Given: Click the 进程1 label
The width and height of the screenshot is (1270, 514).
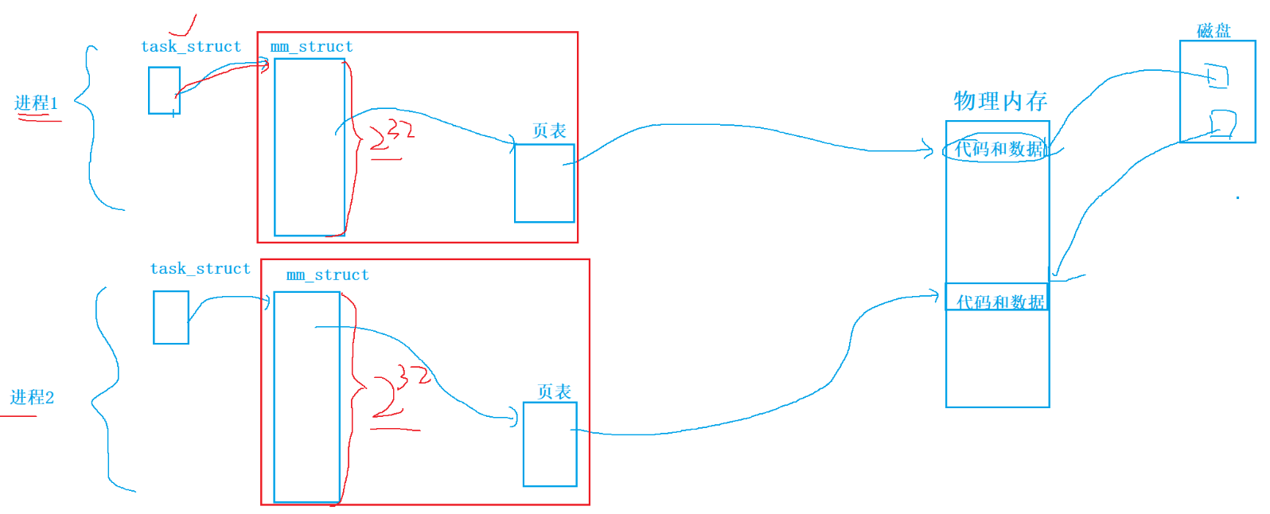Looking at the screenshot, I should [36, 103].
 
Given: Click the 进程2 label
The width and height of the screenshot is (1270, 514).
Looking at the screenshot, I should [32, 397].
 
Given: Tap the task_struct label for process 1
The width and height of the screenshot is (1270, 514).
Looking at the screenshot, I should [191, 46].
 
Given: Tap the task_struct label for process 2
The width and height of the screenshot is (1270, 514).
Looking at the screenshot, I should [201, 268].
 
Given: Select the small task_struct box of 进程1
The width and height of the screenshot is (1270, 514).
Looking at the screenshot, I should [164, 90].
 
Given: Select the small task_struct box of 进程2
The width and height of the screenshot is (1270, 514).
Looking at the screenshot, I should [171, 317].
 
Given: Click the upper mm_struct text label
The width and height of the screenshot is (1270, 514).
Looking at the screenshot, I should [311, 46].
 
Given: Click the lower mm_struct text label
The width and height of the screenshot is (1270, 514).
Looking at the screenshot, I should [328, 275].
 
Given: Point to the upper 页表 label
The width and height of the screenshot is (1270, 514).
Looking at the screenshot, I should [549, 130].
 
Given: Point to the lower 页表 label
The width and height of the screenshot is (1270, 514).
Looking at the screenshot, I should [554, 391].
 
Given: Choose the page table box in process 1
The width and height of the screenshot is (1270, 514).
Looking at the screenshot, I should [544, 183].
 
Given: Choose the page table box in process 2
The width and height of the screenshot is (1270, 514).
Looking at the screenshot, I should [550, 444].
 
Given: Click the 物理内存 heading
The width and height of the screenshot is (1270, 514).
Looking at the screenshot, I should [1000, 101].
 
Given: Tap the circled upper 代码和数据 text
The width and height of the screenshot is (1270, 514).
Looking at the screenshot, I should [999, 149].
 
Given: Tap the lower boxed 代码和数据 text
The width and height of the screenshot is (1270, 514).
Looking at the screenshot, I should [999, 302].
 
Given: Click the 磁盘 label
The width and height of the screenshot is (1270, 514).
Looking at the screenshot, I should [1214, 31].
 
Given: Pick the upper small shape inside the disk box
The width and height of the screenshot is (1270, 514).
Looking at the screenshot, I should [1217, 76].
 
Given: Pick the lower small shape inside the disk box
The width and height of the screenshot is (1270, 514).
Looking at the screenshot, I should [1222, 123].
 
